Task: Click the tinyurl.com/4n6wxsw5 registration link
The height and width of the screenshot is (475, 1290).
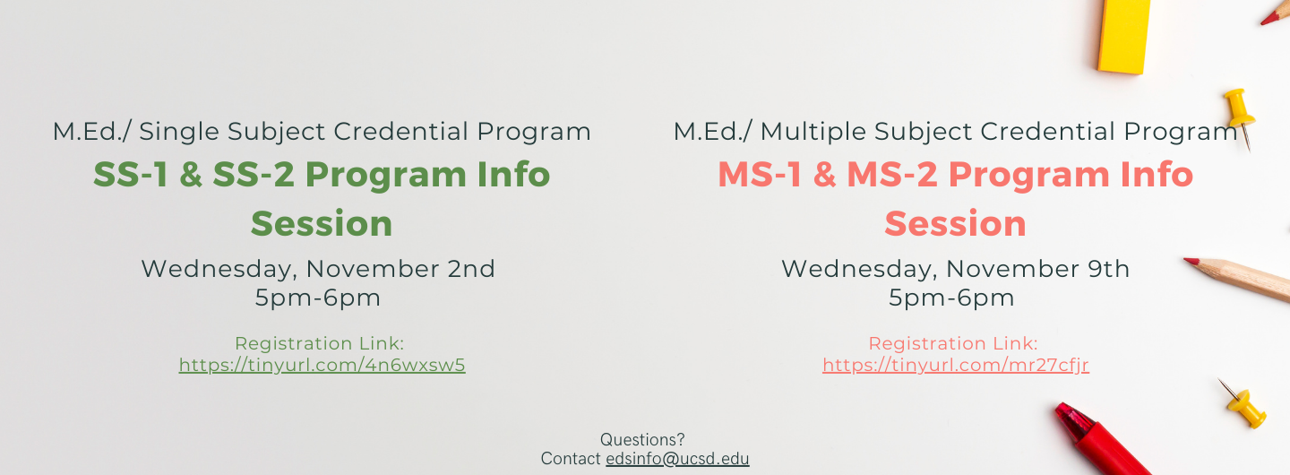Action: [x=322, y=366]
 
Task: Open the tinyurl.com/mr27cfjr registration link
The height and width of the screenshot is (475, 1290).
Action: [x=955, y=366]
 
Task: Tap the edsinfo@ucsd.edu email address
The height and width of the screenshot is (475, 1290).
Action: [x=677, y=459]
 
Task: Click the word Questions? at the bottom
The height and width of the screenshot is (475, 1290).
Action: [x=642, y=440]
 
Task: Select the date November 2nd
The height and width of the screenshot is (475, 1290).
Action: [x=400, y=269]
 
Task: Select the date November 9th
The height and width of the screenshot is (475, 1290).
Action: [x=1037, y=269]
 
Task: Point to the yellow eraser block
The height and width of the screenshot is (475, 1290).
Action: [x=1123, y=36]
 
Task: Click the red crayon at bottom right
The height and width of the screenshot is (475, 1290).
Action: [x=1100, y=441]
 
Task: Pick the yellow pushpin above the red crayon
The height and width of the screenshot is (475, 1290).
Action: [x=1244, y=406]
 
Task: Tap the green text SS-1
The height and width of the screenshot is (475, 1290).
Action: [x=131, y=175]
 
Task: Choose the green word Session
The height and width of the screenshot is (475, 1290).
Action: [x=322, y=224]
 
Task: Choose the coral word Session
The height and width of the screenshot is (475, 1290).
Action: [x=955, y=224]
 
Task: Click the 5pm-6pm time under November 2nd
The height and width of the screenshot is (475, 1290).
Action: [x=318, y=298]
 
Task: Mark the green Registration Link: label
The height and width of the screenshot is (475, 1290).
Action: [x=319, y=343]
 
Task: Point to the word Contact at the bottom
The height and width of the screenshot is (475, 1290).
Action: [x=570, y=459]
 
